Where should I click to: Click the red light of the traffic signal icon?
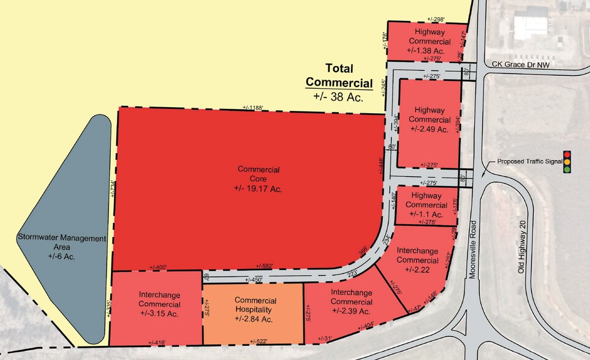pyautogui.click(x=567, y=154)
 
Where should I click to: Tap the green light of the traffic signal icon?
pyautogui.click(x=567, y=169)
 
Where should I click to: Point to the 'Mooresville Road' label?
pyautogui.click(x=472, y=247)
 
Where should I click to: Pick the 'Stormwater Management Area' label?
pyautogui.click(x=62, y=242)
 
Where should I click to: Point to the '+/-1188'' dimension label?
pyautogui.click(x=252, y=108)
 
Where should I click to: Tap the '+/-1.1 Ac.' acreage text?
pyautogui.click(x=429, y=215)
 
